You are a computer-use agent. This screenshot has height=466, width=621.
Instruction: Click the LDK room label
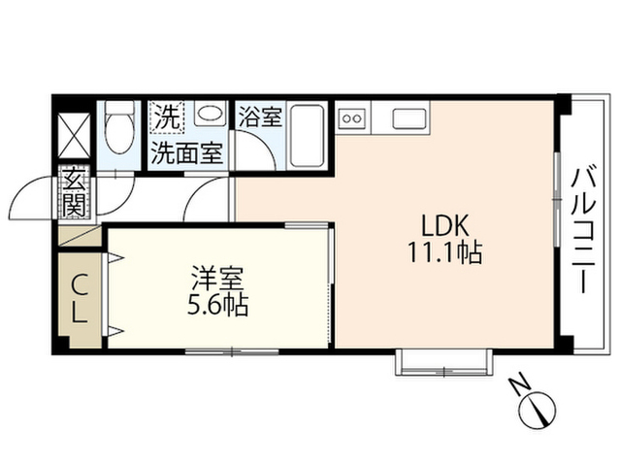click(444, 226)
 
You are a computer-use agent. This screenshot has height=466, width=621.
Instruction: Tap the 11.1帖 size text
click(444, 252)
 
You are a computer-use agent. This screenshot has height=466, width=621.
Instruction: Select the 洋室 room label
click(217, 279)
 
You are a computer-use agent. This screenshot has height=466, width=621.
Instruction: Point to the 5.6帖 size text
click(217, 305)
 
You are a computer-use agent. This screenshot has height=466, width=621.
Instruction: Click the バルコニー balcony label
click(584, 231)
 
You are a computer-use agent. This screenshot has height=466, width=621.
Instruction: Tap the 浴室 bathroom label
click(260, 116)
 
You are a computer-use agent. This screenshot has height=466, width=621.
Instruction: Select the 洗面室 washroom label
click(187, 153)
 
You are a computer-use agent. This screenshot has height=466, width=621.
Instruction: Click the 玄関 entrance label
click(75, 192)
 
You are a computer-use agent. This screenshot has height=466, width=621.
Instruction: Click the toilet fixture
click(119, 127)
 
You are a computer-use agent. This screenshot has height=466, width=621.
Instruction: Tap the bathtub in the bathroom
click(307, 136)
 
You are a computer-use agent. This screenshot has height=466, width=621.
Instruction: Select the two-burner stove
click(352, 117)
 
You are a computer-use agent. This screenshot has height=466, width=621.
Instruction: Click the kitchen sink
click(409, 118)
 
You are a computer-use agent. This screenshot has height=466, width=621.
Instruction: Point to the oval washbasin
click(211, 114)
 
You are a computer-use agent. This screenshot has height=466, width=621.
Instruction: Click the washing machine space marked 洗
click(167, 116)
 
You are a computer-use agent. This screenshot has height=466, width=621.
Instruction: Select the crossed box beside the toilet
click(75, 136)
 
